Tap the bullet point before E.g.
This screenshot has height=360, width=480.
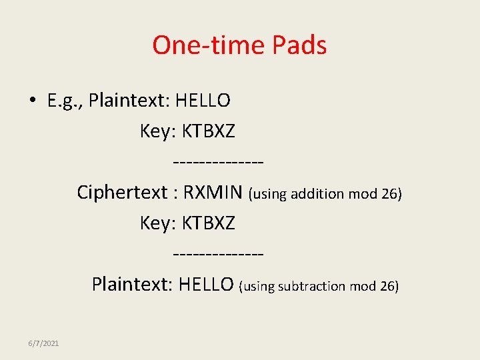[x=32, y=101]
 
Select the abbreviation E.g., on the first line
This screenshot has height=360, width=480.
[x=65, y=101]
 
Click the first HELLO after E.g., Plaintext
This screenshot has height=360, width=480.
[x=203, y=101]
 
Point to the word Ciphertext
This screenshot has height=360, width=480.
[x=122, y=193]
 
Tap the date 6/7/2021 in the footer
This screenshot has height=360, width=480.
[x=43, y=343]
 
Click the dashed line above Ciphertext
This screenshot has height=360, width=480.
[x=218, y=163]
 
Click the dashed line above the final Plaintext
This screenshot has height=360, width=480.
[x=218, y=255]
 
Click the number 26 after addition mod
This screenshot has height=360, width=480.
[x=390, y=194]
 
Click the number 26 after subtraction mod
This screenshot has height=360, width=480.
[x=387, y=286]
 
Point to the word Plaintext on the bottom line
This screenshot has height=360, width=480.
[x=132, y=285]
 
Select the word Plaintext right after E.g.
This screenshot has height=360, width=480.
[x=130, y=101]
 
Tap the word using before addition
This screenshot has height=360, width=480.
[x=269, y=194]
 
